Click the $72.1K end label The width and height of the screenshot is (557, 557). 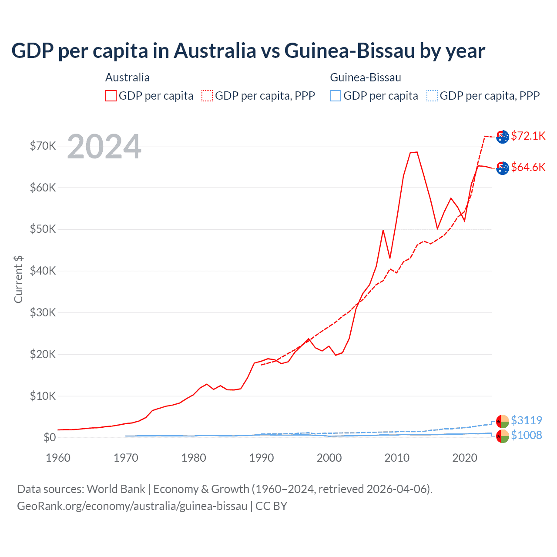click(528, 136)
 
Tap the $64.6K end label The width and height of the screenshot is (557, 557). click(528, 167)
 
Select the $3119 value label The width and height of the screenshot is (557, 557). click(526, 420)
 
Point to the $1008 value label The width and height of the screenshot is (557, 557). click(526, 435)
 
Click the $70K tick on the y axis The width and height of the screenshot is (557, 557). click(43, 146)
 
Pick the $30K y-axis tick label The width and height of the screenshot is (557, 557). click(43, 312)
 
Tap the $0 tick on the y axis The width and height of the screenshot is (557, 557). click(50, 437)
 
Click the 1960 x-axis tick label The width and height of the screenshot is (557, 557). click(58, 458)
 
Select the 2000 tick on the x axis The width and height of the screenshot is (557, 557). click(329, 458)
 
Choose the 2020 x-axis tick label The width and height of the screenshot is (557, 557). click(465, 458)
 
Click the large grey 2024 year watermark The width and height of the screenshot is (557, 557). click(104, 147)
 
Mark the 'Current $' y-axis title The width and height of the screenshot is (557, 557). click(18, 279)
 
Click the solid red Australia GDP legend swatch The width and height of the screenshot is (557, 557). click(111, 96)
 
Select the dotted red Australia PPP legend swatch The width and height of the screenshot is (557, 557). click(207, 96)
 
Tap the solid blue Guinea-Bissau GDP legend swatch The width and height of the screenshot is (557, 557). click(336, 96)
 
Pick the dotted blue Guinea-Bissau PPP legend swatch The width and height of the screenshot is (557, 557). click(432, 96)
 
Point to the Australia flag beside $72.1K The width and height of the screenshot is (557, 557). click(503, 137)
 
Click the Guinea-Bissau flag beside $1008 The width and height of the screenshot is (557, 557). click(503, 436)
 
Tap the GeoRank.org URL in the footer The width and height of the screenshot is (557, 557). click(132, 506)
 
